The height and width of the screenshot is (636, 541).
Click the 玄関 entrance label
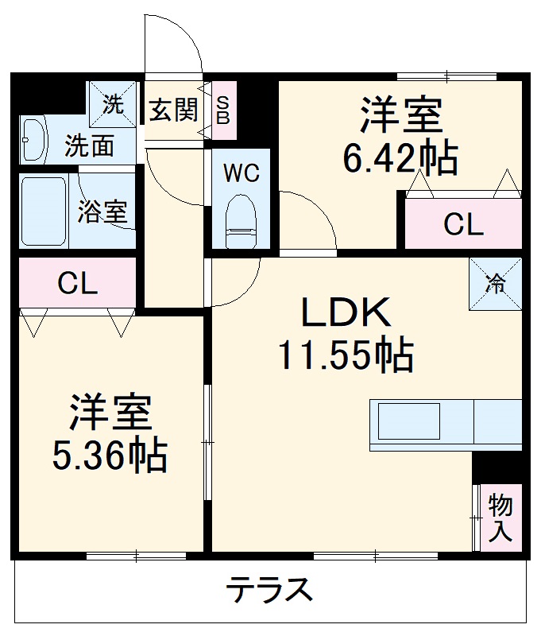pos(173,109)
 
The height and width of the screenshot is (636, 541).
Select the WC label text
pos(241,173)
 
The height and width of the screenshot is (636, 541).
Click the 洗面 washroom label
pos(90,146)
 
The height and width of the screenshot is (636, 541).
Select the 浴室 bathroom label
pos(102,212)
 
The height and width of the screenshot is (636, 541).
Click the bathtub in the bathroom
pos(44,211)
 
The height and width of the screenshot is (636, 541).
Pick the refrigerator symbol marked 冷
pos(496,284)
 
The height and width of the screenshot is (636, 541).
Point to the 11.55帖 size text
pos(345,355)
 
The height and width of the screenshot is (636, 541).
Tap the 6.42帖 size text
pos(400,158)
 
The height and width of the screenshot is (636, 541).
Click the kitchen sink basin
pos(408,421)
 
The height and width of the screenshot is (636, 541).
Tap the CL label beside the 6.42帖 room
pos(463,226)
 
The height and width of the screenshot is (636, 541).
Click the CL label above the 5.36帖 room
pos(77,284)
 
